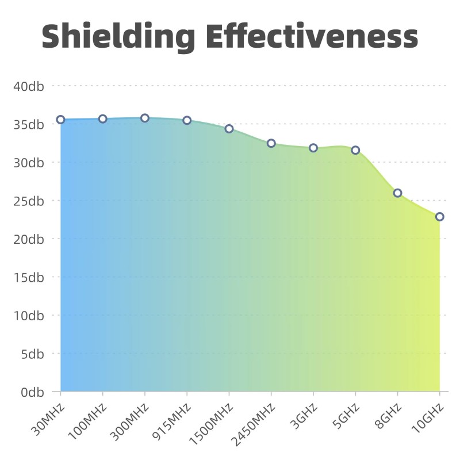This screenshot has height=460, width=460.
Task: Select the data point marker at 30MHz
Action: [60, 120]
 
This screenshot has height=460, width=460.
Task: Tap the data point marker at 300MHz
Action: [145, 118]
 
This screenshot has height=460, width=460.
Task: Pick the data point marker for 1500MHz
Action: [229, 129]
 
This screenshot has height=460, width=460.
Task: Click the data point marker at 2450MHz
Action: [271, 143]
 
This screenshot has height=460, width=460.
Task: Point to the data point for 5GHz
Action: [355, 150]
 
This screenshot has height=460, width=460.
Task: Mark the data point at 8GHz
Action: [397, 193]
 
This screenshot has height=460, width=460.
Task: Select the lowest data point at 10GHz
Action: [440, 217]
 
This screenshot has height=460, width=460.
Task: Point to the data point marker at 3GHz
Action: [313, 148]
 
